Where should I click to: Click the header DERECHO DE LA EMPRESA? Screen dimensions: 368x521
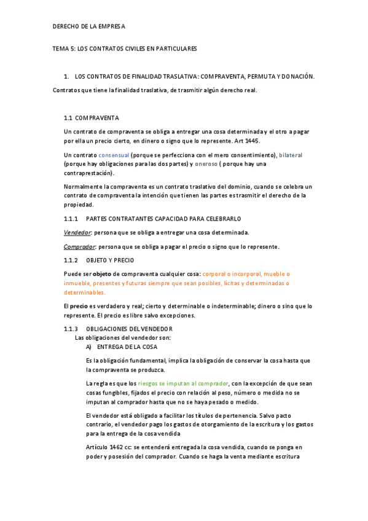tap(88, 26)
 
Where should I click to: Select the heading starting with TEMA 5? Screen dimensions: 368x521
tap(124, 48)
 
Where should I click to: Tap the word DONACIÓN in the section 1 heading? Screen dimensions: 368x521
tap(294, 76)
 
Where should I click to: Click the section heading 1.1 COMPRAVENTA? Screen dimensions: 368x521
tap(92, 117)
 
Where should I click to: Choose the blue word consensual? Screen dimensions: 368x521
tap(114, 155)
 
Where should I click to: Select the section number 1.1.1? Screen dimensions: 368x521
tap(71, 218)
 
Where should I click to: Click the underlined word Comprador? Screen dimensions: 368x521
tap(79, 246)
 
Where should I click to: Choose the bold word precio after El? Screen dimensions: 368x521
tap(79, 306)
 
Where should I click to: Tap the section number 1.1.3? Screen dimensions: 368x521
tap(71, 329)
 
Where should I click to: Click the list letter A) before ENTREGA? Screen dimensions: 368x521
tap(90, 347)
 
